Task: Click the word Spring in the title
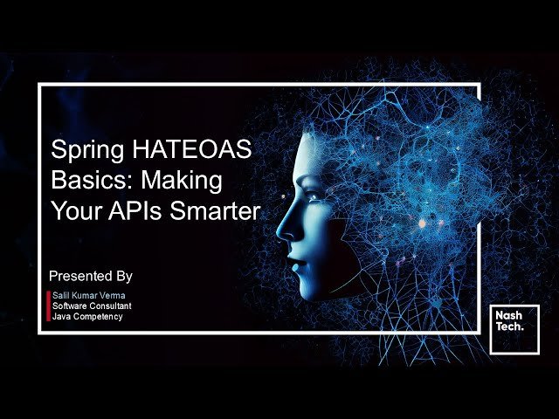79,151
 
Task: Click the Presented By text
91,276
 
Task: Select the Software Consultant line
92,306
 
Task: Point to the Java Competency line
87,316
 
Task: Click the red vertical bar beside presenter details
48,306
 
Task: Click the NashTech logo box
514,329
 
